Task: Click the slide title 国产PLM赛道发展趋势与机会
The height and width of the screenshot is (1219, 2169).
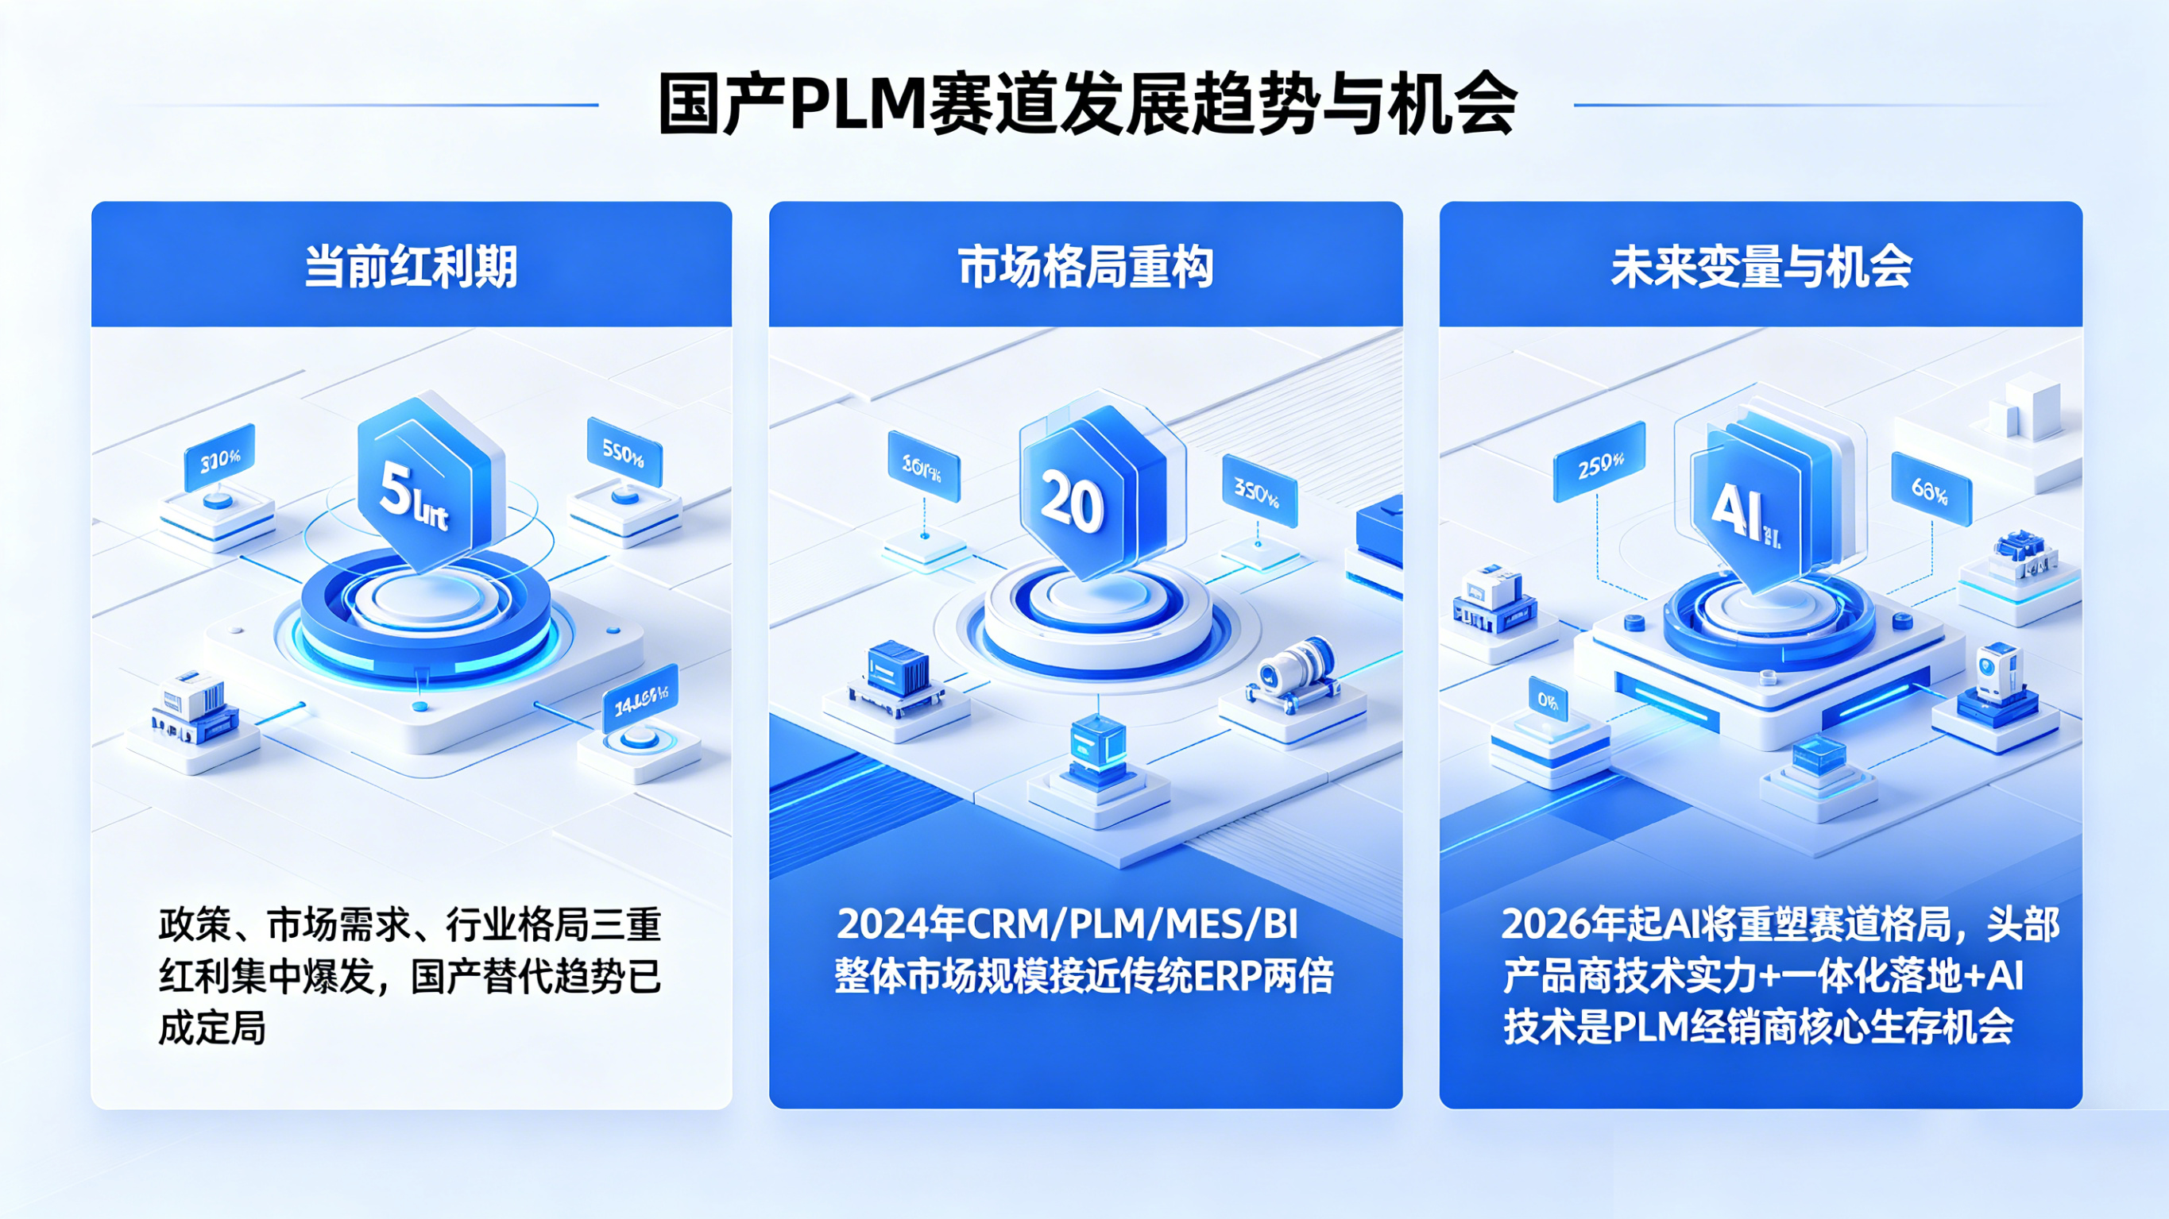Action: click(1086, 106)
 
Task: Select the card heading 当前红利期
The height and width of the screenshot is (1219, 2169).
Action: click(411, 267)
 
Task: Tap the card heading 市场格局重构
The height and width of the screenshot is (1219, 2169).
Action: click(1085, 267)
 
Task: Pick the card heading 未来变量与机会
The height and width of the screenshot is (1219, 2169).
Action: click(1761, 267)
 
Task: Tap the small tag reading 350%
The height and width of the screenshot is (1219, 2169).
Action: click(1258, 491)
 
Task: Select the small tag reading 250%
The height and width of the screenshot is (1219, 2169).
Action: click(1599, 462)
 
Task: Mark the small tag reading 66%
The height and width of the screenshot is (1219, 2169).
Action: click(1930, 489)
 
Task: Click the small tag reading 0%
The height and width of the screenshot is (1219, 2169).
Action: click(1548, 700)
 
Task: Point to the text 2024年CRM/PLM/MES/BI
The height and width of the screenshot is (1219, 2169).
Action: click(1068, 924)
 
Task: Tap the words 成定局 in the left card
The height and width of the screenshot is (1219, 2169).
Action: click(212, 1028)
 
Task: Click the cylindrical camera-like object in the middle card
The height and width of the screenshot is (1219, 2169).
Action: click(1295, 672)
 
